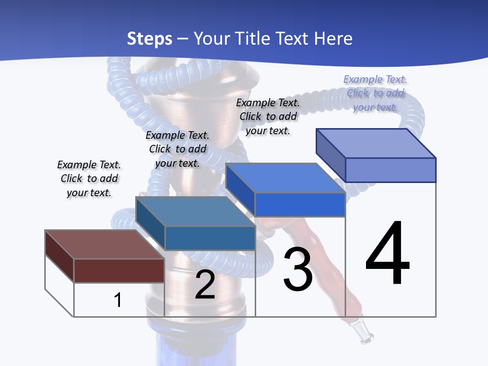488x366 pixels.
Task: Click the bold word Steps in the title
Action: coord(149,39)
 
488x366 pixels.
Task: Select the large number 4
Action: coord(387,254)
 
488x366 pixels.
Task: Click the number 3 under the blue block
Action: coord(298,269)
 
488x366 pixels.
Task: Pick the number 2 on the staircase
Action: coord(205,285)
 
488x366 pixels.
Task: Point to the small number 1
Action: coord(118,300)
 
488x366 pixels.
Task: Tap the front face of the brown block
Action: coord(119,270)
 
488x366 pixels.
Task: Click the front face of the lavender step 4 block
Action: coord(390,170)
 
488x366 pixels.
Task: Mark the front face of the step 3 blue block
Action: coord(300,204)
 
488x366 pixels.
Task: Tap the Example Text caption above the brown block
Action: coord(89,178)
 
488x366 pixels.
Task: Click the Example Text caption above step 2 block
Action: coord(177,149)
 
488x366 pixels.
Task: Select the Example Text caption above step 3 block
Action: coord(268,116)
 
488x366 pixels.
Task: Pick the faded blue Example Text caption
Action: coord(375,93)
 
